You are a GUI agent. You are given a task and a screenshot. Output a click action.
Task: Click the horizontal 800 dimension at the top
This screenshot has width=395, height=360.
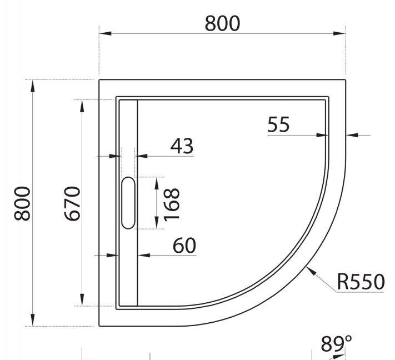pos(222,23)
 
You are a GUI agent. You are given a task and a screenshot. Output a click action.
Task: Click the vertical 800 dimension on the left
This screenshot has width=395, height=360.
pos(22,203)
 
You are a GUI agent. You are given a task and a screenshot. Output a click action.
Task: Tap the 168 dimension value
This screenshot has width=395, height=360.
pos(172,203)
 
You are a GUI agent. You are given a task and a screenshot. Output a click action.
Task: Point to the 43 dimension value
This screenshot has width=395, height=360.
pos(182,146)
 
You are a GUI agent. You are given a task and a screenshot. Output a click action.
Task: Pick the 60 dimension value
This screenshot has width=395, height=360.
pos(184,245)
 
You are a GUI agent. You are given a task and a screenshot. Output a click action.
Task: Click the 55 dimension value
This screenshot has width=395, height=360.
pos(278,125)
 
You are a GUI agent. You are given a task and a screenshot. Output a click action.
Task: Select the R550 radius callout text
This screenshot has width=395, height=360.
pos(360,282)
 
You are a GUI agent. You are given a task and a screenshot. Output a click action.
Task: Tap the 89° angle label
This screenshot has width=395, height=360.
pos(336,344)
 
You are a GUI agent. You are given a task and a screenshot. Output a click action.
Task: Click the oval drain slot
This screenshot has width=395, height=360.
pos(128,203)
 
